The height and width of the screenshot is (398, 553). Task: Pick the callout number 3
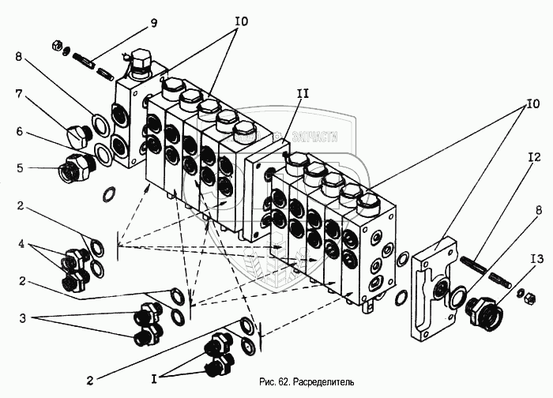tap(23, 319)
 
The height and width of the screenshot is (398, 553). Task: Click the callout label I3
tap(537, 257)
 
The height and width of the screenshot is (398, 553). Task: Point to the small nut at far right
tap(522, 296)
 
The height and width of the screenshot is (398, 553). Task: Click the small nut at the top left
tap(58, 44)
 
